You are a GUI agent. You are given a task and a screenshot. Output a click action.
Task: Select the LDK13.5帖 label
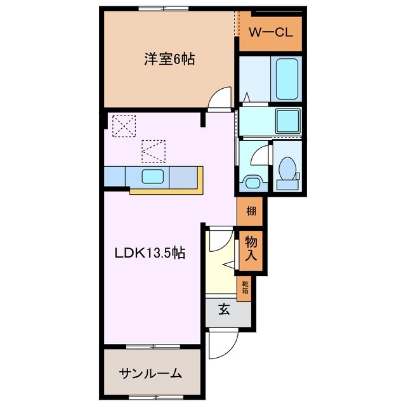(x=149, y=253)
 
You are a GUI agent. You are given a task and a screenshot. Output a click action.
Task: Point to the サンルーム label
(x=150, y=373)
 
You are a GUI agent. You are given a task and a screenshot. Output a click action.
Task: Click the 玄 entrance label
(x=225, y=310)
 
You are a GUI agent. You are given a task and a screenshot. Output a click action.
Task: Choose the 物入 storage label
(x=251, y=247)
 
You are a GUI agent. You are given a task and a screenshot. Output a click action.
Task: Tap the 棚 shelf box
(x=251, y=211)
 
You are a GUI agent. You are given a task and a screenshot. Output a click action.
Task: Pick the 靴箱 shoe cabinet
(x=244, y=288)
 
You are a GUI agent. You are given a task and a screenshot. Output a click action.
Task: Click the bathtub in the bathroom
(x=286, y=77)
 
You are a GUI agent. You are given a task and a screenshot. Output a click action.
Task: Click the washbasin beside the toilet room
(x=252, y=183)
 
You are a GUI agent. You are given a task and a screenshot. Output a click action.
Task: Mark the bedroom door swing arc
(x=221, y=96)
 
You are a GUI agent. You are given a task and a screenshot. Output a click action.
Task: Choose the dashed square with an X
(x=122, y=126)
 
